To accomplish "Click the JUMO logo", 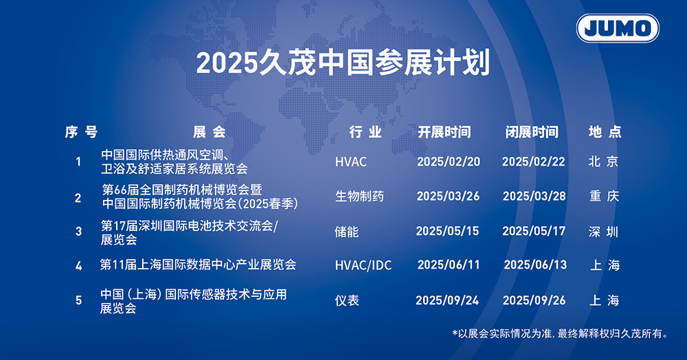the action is coord(618,28).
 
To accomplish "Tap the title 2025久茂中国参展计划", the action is coord(343,63).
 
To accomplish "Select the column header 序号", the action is coord(81,132).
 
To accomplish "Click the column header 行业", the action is coord(365,132).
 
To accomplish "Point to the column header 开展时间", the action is coord(444,132).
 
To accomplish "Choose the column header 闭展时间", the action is coord(532,132).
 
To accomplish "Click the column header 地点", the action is coord(605,132).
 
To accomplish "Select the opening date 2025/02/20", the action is coord(449,161).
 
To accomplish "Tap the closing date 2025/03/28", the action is coord(534,196).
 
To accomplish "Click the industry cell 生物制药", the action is coord(359,196).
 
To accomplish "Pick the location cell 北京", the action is coord(603,161).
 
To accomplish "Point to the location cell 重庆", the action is coord(604,196).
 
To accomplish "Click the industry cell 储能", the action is coord(346,232).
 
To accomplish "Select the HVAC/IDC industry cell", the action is coord(363,265).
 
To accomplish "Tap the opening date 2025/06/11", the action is coord(449,265).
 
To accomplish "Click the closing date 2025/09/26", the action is coord(534,300).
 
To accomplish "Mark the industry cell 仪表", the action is coord(347,300).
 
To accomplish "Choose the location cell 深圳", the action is coord(603,232).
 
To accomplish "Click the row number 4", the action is coord(78,265).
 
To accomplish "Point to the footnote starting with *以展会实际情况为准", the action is coord(561,334).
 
